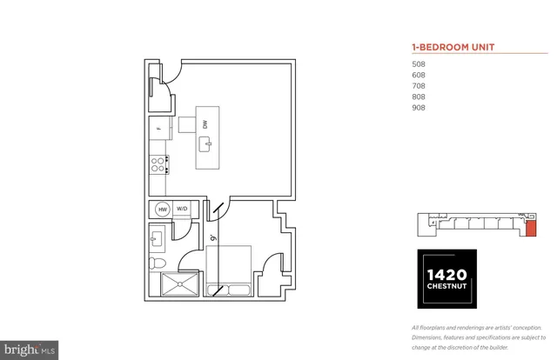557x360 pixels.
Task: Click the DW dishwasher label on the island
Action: (x=205, y=124)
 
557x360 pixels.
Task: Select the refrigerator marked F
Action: (x=158, y=130)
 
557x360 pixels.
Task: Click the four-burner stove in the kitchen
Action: (x=158, y=164)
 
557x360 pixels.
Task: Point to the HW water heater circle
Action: (x=162, y=210)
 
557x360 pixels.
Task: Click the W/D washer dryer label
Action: (x=183, y=210)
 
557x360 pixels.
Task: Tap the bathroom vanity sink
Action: (x=158, y=237)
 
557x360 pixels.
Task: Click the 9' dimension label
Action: (x=212, y=237)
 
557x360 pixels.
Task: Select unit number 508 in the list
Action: (x=419, y=63)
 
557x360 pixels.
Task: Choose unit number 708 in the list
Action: (x=419, y=86)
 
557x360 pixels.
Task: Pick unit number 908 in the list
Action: (x=419, y=109)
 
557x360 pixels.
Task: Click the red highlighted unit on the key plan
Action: (x=530, y=229)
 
